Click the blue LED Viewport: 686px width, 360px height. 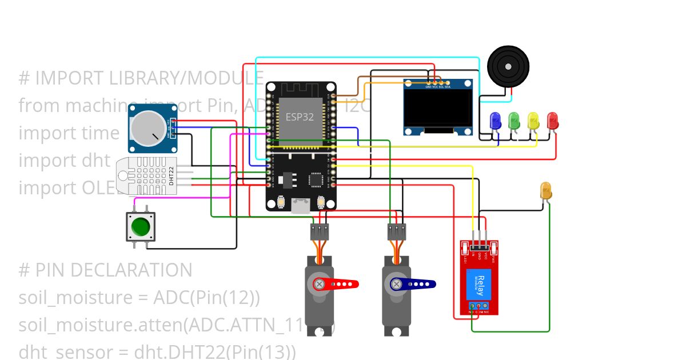(496, 121)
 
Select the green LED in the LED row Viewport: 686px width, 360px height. (514, 121)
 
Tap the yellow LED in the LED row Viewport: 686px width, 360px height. (533, 121)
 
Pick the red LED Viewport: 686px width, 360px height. (552, 121)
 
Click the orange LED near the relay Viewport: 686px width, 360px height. (545, 191)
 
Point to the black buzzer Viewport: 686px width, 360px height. (508, 67)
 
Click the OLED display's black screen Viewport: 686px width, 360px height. (438, 109)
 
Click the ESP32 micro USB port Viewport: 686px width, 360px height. (301, 206)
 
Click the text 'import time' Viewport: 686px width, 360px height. (69, 133)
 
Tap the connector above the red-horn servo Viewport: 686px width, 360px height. (320, 232)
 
